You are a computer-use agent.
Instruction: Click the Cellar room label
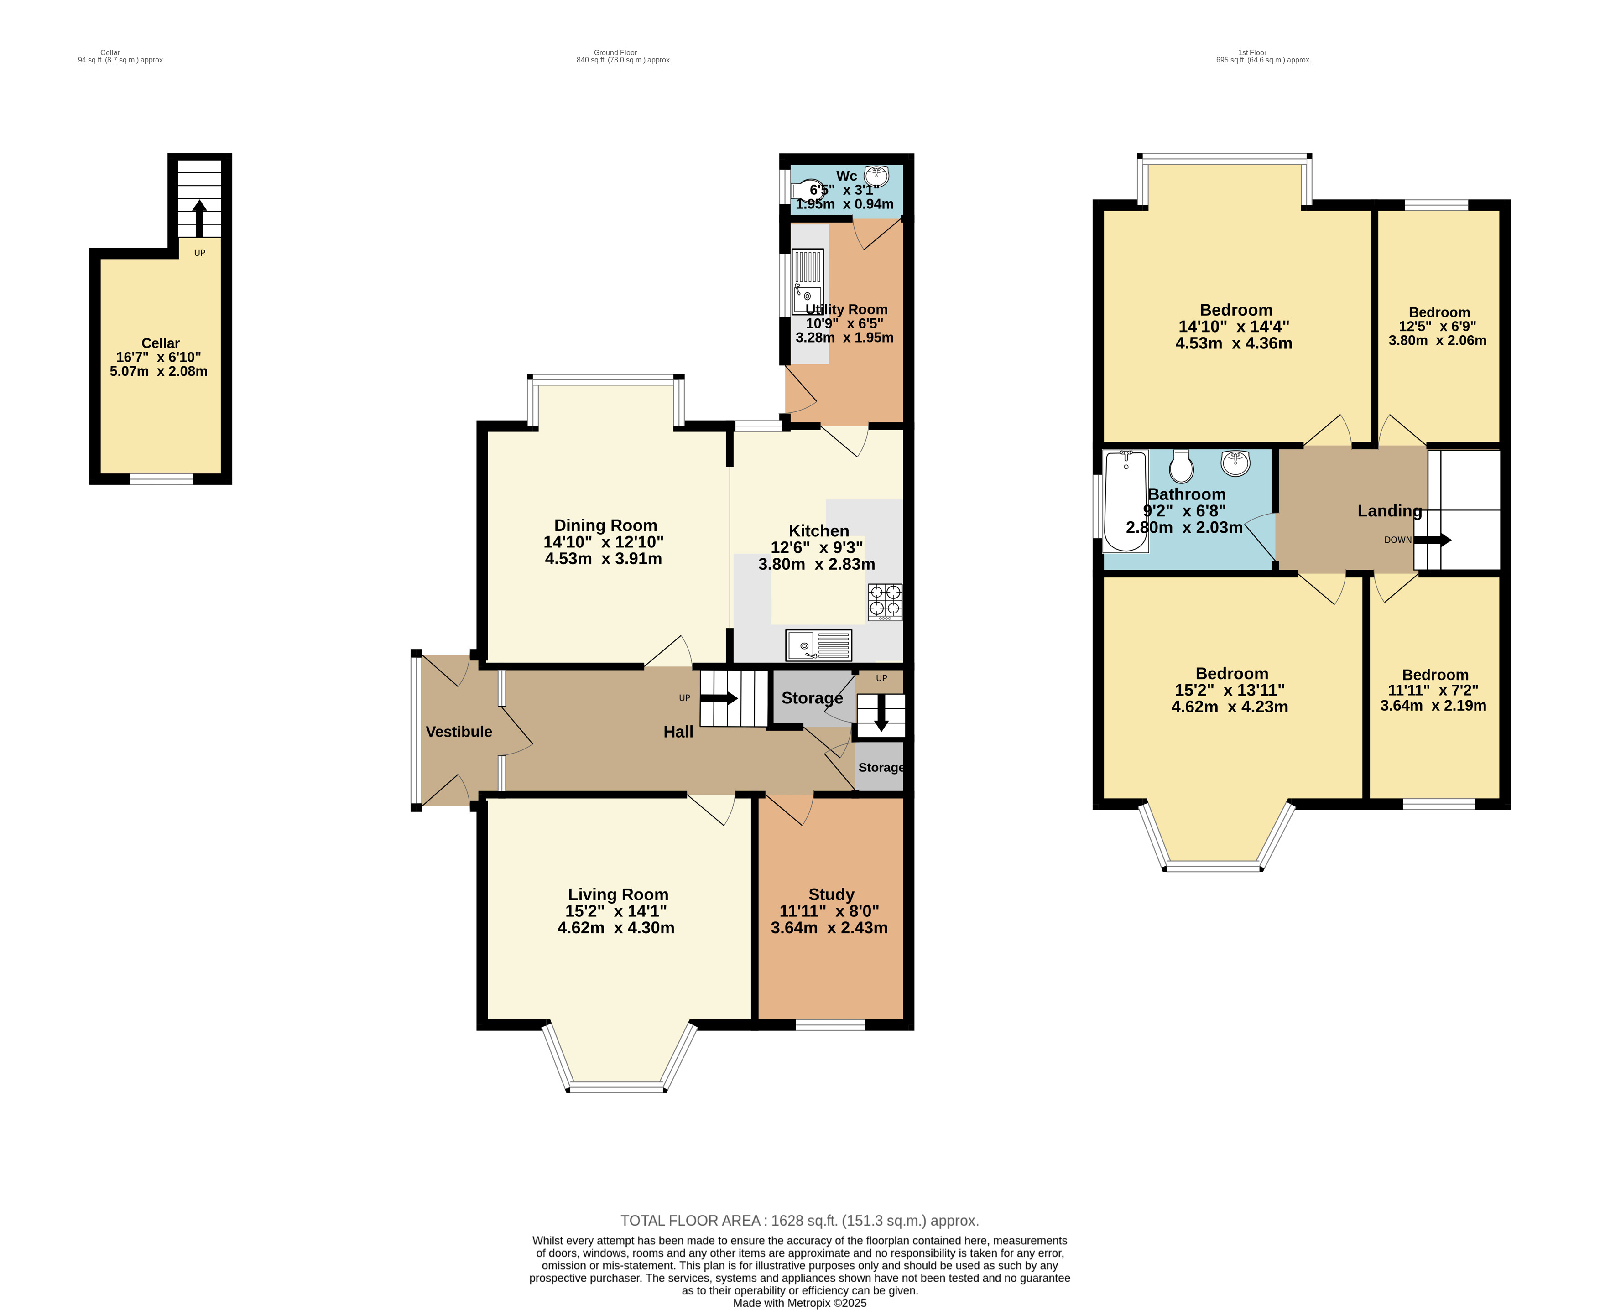(x=160, y=343)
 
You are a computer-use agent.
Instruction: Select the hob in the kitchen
(x=885, y=602)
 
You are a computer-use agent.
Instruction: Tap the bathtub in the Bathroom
(x=1125, y=501)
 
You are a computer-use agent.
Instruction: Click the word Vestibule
(x=459, y=731)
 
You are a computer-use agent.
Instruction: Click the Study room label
(x=831, y=894)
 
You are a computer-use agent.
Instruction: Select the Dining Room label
(x=605, y=525)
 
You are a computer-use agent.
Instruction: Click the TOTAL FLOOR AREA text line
(x=799, y=1220)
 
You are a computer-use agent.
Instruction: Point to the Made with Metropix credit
(x=799, y=1302)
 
